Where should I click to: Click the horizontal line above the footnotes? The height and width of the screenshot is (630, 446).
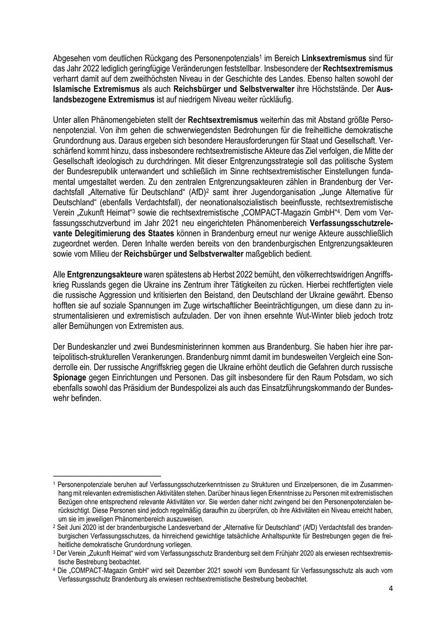click(107, 476)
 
